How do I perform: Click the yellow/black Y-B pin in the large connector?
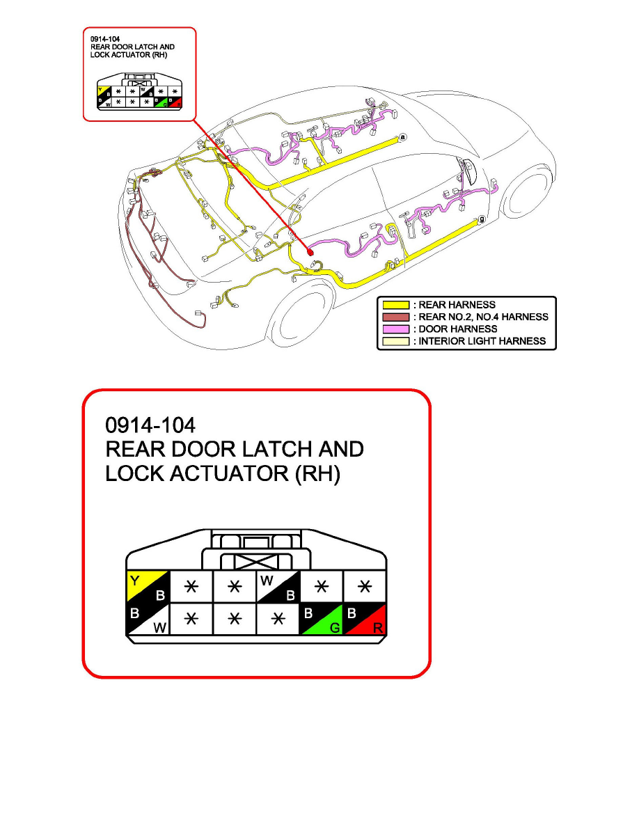pyautogui.click(x=148, y=587)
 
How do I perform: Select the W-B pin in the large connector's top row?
pyautogui.click(x=278, y=587)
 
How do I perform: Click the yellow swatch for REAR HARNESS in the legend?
pyautogui.click(x=396, y=305)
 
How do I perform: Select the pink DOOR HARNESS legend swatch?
pyautogui.click(x=396, y=329)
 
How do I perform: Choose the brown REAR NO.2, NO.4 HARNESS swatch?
pyautogui.click(x=396, y=317)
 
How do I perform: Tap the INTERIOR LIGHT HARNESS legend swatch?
pyautogui.click(x=396, y=342)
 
